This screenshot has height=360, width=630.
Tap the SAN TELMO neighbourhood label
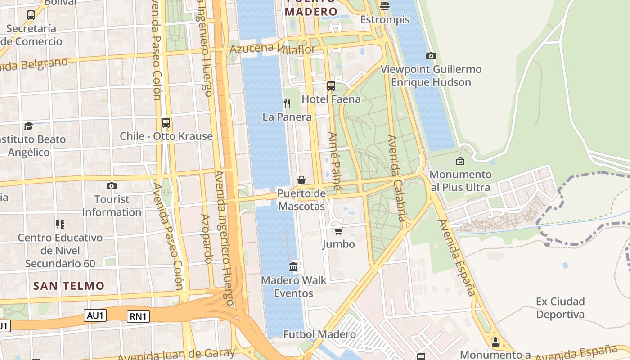click(x=69, y=286)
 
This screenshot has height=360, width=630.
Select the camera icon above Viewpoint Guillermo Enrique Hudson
click(x=431, y=56)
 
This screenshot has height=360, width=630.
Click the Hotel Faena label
click(x=331, y=99)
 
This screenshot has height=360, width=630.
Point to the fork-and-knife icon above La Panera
click(x=287, y=103)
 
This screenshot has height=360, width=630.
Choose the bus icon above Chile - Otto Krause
click(x=166, y=122)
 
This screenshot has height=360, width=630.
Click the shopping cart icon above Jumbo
click(x=338, y=231)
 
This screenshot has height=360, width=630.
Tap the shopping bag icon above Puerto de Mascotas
click(x=301, y=180)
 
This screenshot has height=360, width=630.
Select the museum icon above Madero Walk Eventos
click(x=293, y=266)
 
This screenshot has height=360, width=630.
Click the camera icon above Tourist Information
click(x=112, y=186)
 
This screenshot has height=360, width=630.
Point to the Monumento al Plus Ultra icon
click(x=460, y=161)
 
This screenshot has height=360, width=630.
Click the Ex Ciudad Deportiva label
click(x=560, y=308)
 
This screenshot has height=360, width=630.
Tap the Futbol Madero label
click(x=319, y=334)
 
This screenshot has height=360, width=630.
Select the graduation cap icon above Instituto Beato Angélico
click(x=29, y=126)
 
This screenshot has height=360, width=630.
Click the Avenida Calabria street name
click(x=397, y=180)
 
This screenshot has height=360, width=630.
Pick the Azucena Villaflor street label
click(x=272, y=49)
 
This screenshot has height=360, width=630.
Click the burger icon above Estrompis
click(x=384, y=6)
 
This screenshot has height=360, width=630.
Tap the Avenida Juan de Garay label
click(x=176, y=354)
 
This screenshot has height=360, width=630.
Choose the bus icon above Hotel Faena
click(x=331, y=85)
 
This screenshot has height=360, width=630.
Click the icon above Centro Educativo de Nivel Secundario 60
click(x=60, y=224)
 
